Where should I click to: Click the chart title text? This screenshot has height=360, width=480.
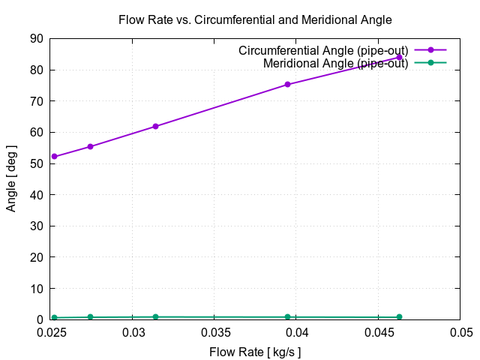255,19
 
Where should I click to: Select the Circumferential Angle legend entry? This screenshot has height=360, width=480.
323,50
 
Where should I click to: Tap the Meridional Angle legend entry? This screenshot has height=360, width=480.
335,63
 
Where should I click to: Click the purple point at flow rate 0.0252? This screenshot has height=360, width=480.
54,157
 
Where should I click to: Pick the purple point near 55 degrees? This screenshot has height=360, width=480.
90,146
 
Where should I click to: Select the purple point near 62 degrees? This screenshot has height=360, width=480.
155,126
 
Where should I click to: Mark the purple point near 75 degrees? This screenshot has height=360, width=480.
287,85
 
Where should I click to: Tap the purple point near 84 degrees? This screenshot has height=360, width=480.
399,57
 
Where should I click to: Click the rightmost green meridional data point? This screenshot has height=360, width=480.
399,316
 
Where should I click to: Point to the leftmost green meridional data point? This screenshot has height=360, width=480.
54,317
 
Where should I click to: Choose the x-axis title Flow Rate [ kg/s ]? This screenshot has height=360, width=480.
255,351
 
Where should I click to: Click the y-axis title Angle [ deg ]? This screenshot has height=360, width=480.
11,178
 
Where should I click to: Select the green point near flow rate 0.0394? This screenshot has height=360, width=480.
287,316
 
